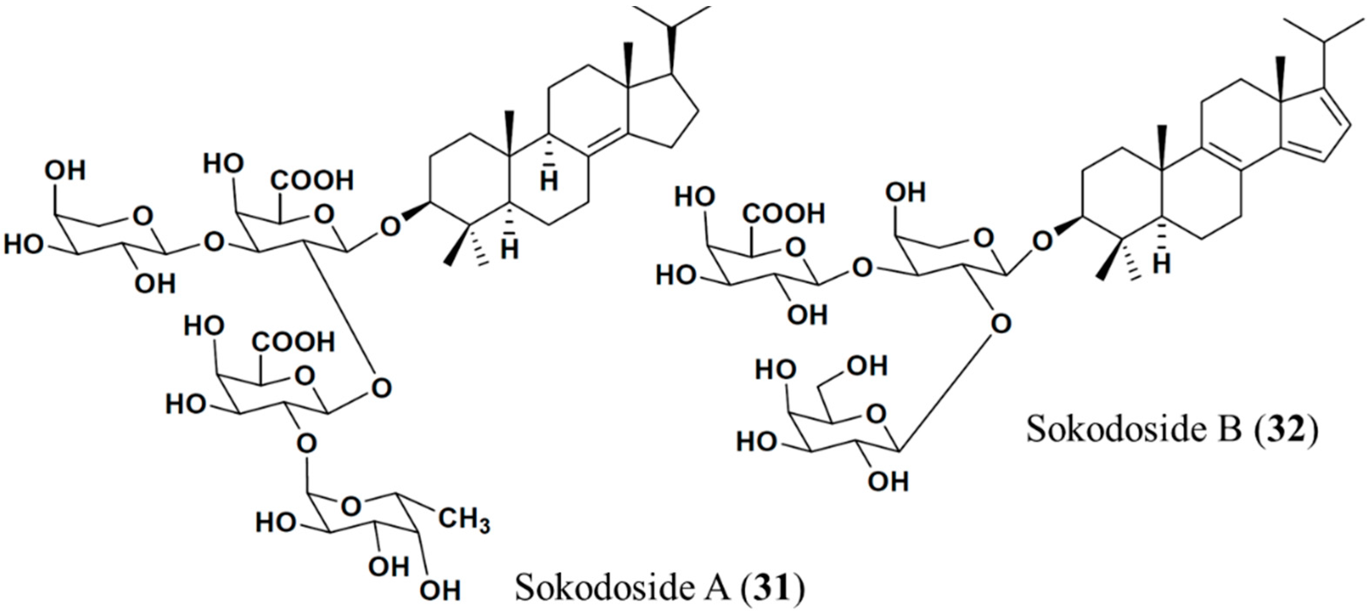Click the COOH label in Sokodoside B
click(784, 213)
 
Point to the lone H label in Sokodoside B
click(1162, 264)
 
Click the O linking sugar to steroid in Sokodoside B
click(1042, 242)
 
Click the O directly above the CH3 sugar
click(307, 442)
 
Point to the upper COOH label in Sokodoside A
click(312, 181)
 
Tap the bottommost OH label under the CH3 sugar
click(440, 591)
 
